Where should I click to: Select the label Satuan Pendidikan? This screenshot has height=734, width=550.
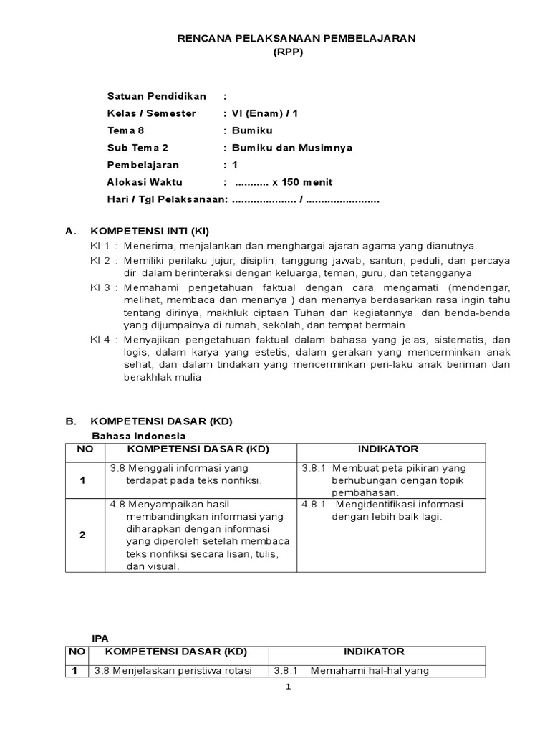tap(156, 96)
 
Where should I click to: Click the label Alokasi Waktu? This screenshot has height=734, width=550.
tap(143, 182)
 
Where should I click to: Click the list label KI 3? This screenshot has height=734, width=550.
tap(100, 287)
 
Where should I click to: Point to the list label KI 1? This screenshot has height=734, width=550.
tap(100, 246)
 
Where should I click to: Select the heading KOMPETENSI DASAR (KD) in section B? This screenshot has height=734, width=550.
tap(160, 421)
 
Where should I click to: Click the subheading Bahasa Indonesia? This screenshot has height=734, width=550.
tap(139, 436)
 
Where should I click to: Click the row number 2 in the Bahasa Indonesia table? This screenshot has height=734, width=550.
tap(83, 535)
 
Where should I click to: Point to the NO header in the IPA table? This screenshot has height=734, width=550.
tap(76, 652)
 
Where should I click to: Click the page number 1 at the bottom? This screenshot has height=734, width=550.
tap(288, 687)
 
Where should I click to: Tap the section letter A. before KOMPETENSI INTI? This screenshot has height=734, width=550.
tap(70, 232)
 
